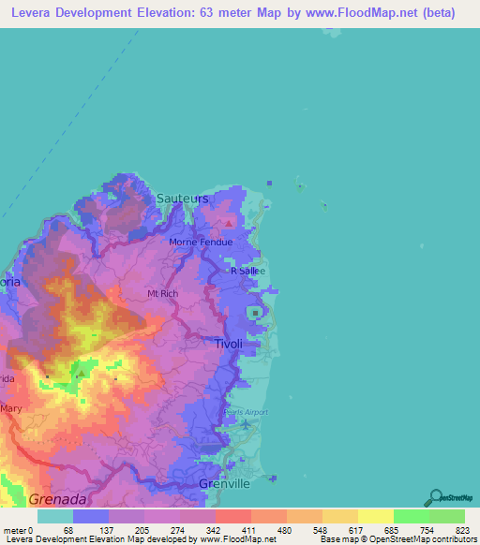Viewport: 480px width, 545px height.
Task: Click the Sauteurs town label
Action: click(x=183, y=199)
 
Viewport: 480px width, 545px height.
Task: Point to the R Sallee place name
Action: click(x=248, y=271)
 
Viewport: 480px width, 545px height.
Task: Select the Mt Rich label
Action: click(x=162, y=293)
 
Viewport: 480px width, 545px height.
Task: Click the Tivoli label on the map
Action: click(x=228, y=344)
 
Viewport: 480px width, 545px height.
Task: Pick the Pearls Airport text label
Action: click(x=247, y=412)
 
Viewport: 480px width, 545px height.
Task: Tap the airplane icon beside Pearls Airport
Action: click(x=246, y=425)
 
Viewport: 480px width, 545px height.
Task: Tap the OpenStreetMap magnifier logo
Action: click(x=436, y=497)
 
